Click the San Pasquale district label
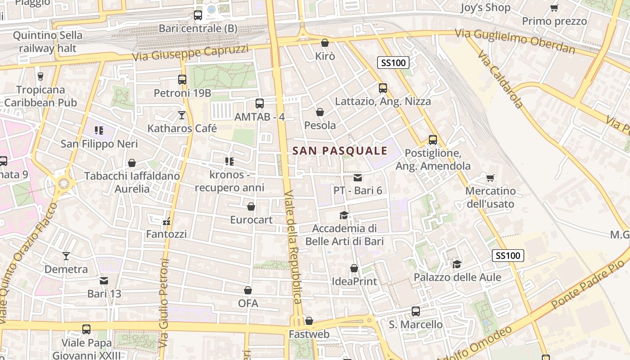(x=340, y=151)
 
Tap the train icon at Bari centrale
(x=198, y=15)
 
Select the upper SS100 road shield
(x=393, y=63)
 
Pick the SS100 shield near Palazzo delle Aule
(x=508, y=256)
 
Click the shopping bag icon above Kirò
(x=325, y=43)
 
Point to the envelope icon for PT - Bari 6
(x=358, y=178)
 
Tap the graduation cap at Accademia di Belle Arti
(x=344, y=216)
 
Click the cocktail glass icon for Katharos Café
(x=182, y=116)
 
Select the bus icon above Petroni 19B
(x=182, y=80)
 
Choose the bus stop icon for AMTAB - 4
(x=260, y=103)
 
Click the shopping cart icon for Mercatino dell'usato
(x=490, y=178)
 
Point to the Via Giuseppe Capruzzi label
(x=190, y=53)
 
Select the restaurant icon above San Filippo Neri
(x=99, y=131)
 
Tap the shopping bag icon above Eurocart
(x=251, y=207)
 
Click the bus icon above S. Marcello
(x=416, y=311)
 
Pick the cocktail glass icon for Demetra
(x=66, y=256)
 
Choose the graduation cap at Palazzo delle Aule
(x=457, y=264)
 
